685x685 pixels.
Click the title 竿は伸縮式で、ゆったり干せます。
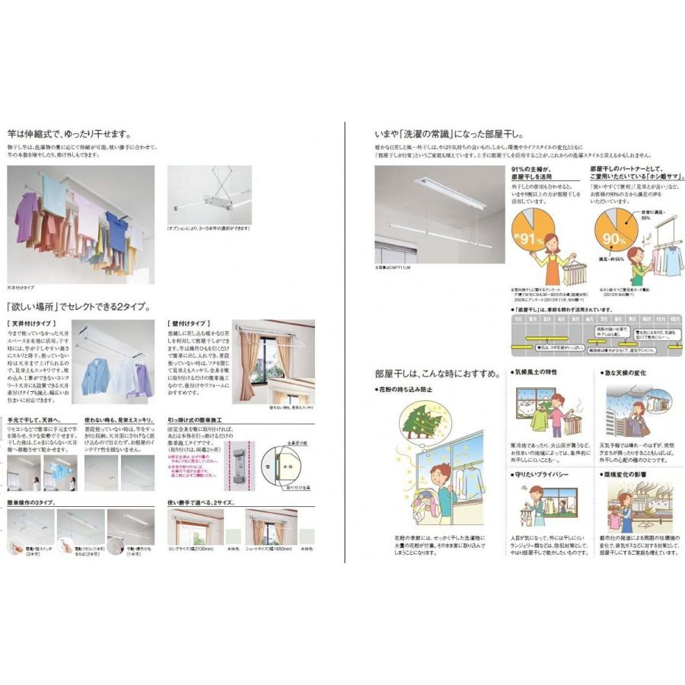[68, 131]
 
